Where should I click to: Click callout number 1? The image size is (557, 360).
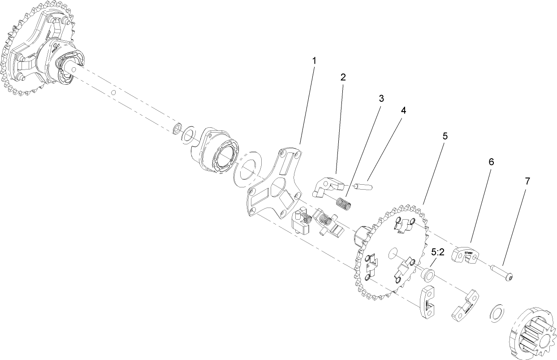pyautogui.click(x=314, y=60)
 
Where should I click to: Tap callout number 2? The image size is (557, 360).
pyautogui.click(x=343, y=77)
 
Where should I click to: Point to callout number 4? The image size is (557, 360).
pyautogui.click(x=403, y=111)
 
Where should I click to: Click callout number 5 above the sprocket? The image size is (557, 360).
pyautogui.click(x=445, y=136)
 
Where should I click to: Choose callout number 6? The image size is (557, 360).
pyautogui.click(x=491, y=162)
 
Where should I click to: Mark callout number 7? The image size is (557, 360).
pyautogui.click(x=527, y=181)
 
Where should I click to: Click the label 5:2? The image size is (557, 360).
pyautogui.click(x=437, y=252)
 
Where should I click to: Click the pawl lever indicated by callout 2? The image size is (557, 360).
pyautogui.click(x=327, y=186)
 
